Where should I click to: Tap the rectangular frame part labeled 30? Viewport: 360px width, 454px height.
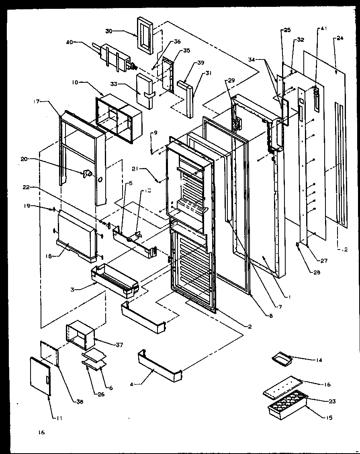145,35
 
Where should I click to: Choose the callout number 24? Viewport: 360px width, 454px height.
340,39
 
